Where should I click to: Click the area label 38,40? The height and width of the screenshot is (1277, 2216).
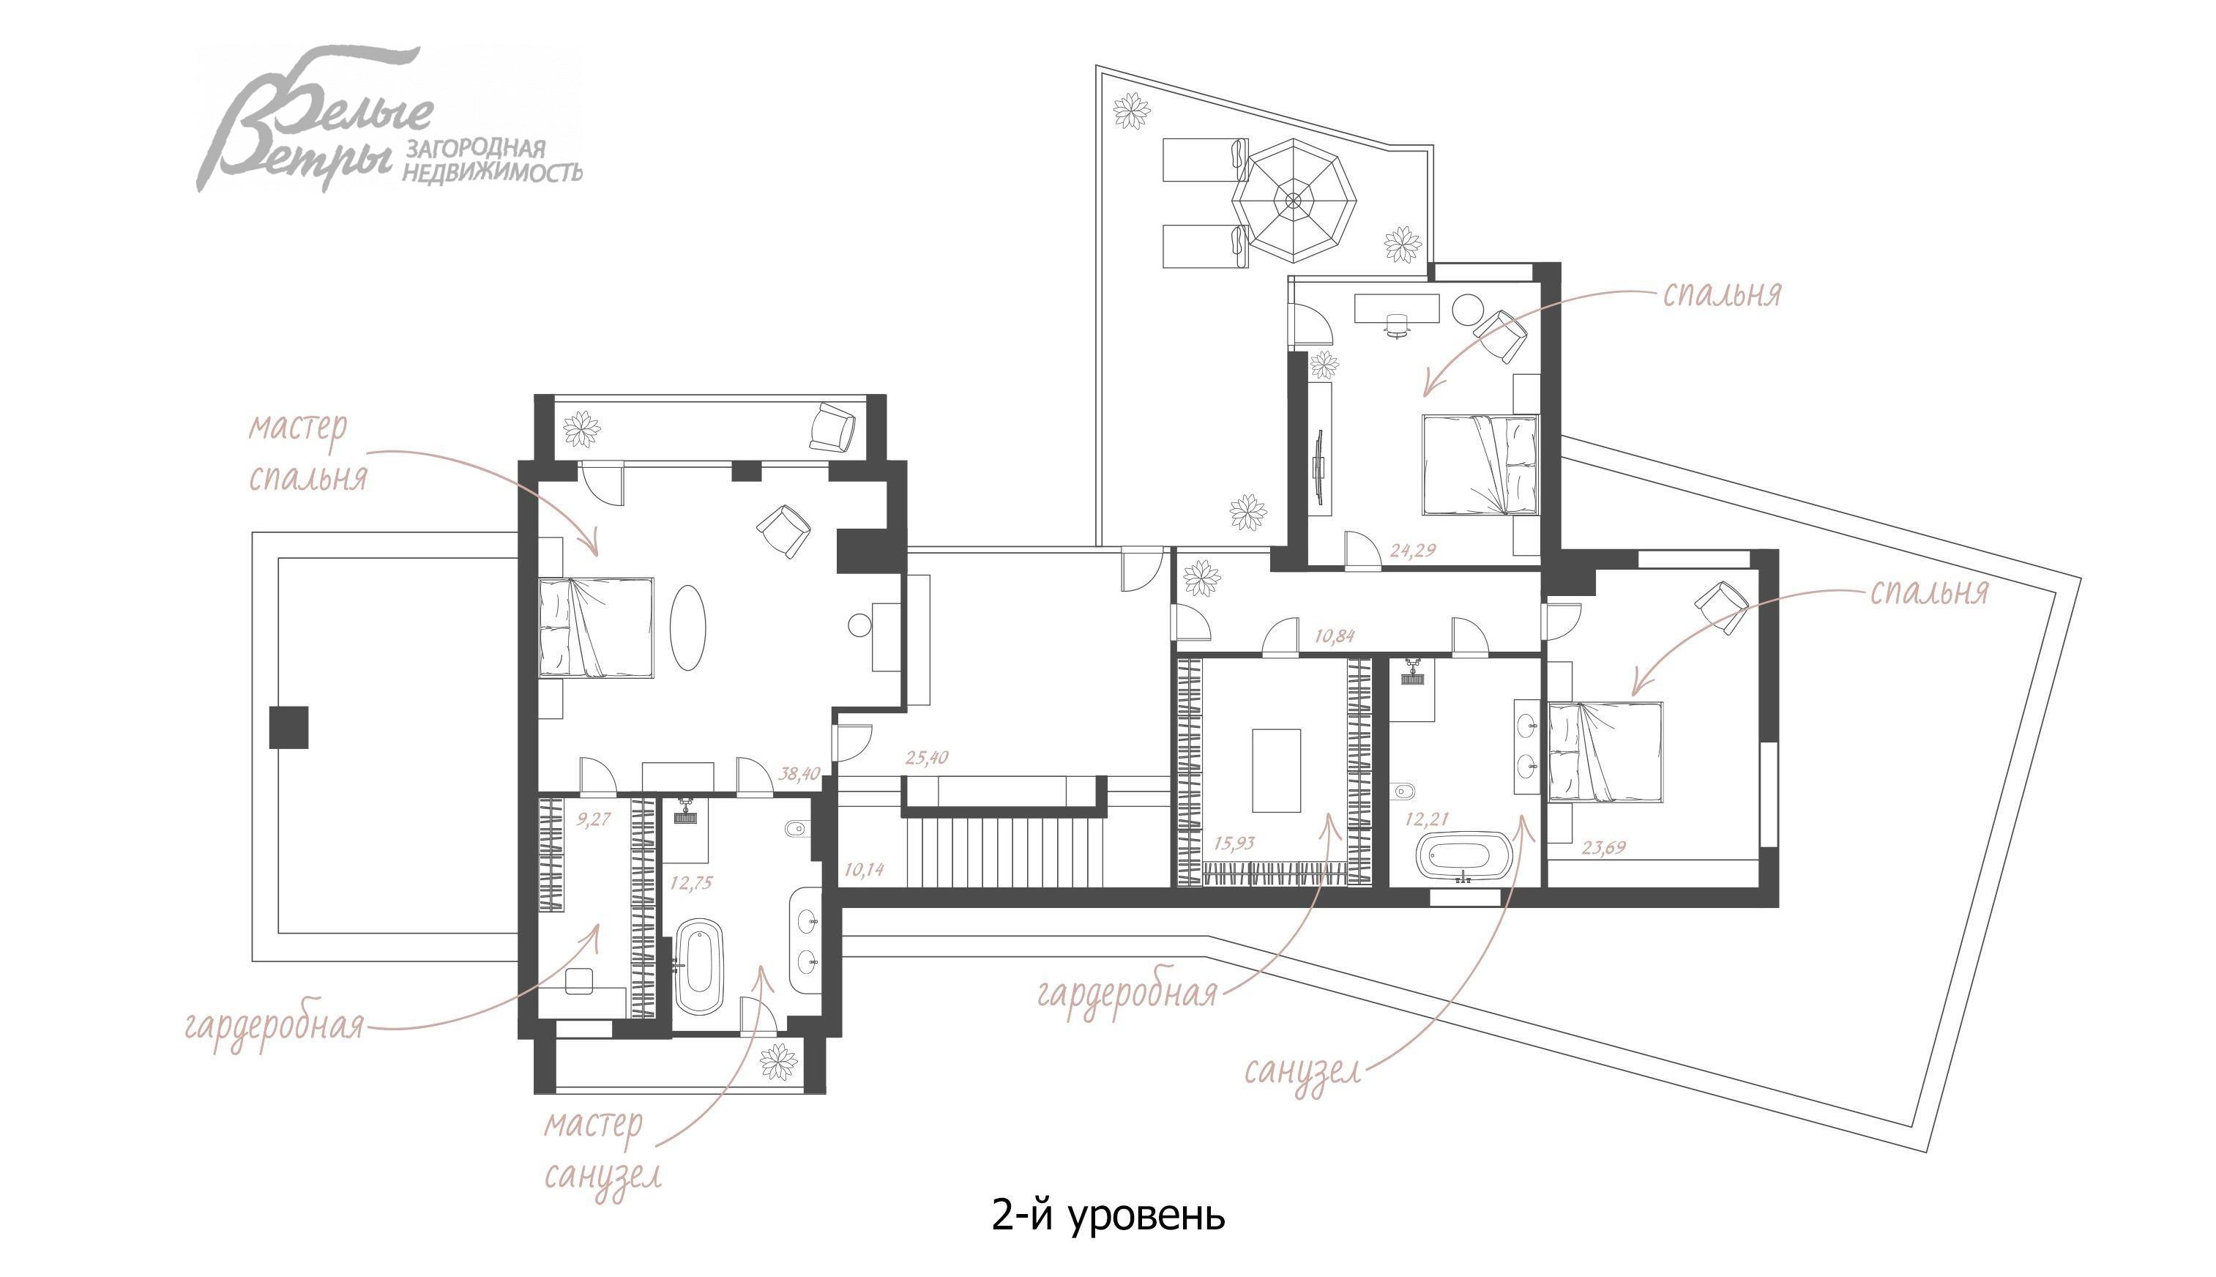point(799,775)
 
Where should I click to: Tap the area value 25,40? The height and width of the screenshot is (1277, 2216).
point(926,757)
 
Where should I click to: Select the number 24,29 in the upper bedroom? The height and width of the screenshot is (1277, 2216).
point(1413,551)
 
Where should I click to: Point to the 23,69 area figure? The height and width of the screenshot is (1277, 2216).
point(1604,848)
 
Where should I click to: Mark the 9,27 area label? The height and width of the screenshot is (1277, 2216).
point(593,820)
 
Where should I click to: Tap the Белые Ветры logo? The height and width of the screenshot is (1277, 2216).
point(389,119)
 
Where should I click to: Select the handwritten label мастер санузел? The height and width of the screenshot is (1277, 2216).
point(602,1149)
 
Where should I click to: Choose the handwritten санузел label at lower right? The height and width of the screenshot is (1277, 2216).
point(1303,1072)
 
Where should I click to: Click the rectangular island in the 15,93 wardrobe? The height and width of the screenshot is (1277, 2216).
point(1276,771)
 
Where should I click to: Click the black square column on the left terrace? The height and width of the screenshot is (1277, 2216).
point(288,727)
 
